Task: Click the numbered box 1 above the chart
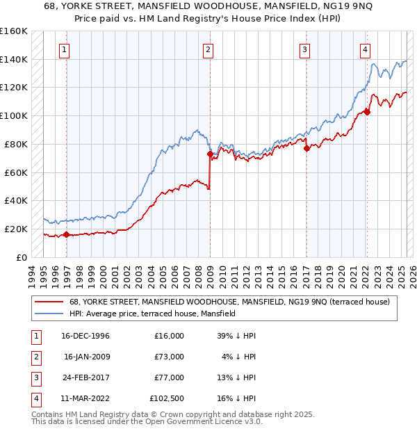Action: pos(64,49)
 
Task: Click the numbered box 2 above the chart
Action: pos(208,49)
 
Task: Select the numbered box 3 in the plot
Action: pos(305,49)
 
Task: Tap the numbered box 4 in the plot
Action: pos(365,49)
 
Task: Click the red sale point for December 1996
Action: pos(67,234)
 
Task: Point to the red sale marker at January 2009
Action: pos(209,154)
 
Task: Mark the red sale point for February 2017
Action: pos(306,147)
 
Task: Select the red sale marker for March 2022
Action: pos(367,111)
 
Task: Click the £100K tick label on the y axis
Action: pos(14,115)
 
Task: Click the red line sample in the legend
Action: pos(49,302)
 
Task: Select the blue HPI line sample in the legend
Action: pos(49,314)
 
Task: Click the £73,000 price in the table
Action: pos(169,357)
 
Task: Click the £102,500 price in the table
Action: pos(167,398)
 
